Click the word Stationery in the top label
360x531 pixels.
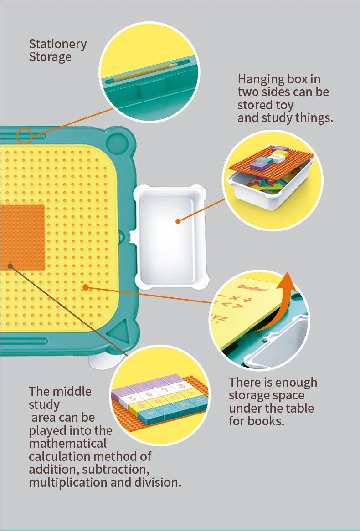coord(57,44)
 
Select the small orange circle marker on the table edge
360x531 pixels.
coord(25,136)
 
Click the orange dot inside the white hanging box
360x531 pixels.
coord(178,221)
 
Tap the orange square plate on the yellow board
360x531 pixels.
coord(22,237)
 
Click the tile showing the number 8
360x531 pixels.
coord(181,385)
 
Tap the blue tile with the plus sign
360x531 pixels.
coord(151,414)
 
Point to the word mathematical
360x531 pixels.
coord(68,443)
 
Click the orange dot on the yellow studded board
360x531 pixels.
coord(85,287)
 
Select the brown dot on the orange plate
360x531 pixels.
coord(10,266)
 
